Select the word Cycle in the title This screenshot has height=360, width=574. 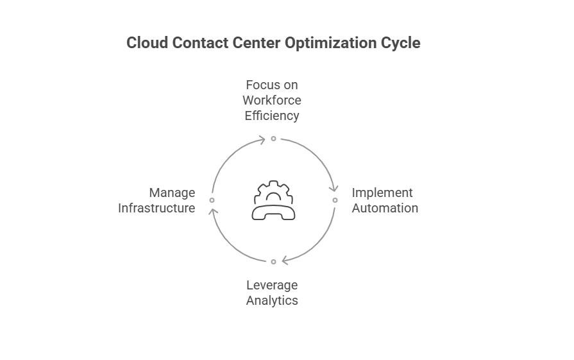(403, 44)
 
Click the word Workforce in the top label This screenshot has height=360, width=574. (272, 101)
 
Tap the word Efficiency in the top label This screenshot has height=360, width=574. (272, 116)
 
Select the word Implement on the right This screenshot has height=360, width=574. (382, 193)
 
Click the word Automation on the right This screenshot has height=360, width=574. (385, 208)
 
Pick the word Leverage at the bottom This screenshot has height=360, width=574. (272, 285)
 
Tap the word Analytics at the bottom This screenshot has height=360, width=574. (272, 300)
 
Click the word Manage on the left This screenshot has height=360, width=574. (172, 193)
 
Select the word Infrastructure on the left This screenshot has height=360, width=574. (156, 208)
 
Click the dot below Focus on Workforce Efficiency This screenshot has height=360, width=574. (273, 139)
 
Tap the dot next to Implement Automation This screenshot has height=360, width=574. (335, 200)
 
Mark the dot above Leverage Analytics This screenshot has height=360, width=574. (273, 262)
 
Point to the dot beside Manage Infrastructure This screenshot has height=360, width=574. (212, 200)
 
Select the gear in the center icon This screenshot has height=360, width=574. (273, 191)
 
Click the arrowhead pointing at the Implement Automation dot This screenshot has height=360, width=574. (333, 188)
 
